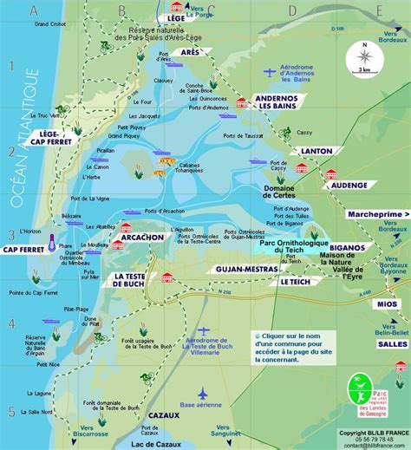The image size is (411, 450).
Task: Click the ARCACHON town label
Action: tap(142, 237)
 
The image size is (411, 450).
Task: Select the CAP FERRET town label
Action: tap(23, 250)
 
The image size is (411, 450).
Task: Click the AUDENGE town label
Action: tap(349, 185)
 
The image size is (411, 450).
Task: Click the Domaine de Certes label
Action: tap(277, 192)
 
